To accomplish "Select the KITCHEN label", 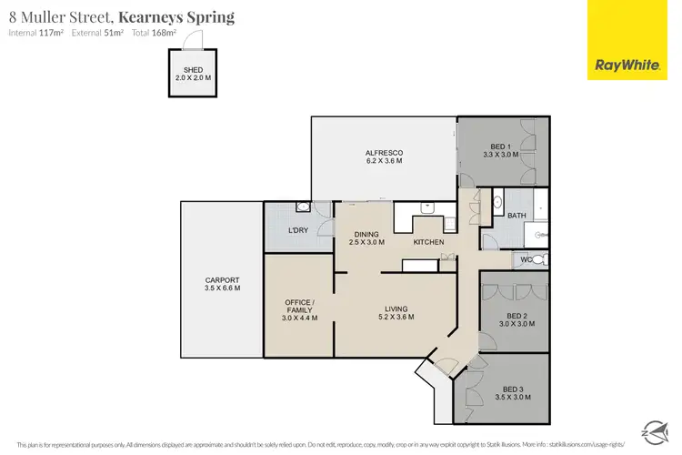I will point(428,243).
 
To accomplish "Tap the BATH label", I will point(517,216).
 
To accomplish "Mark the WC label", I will point(526,260).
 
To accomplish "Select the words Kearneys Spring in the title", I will point(182,16).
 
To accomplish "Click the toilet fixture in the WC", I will point(538,260).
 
